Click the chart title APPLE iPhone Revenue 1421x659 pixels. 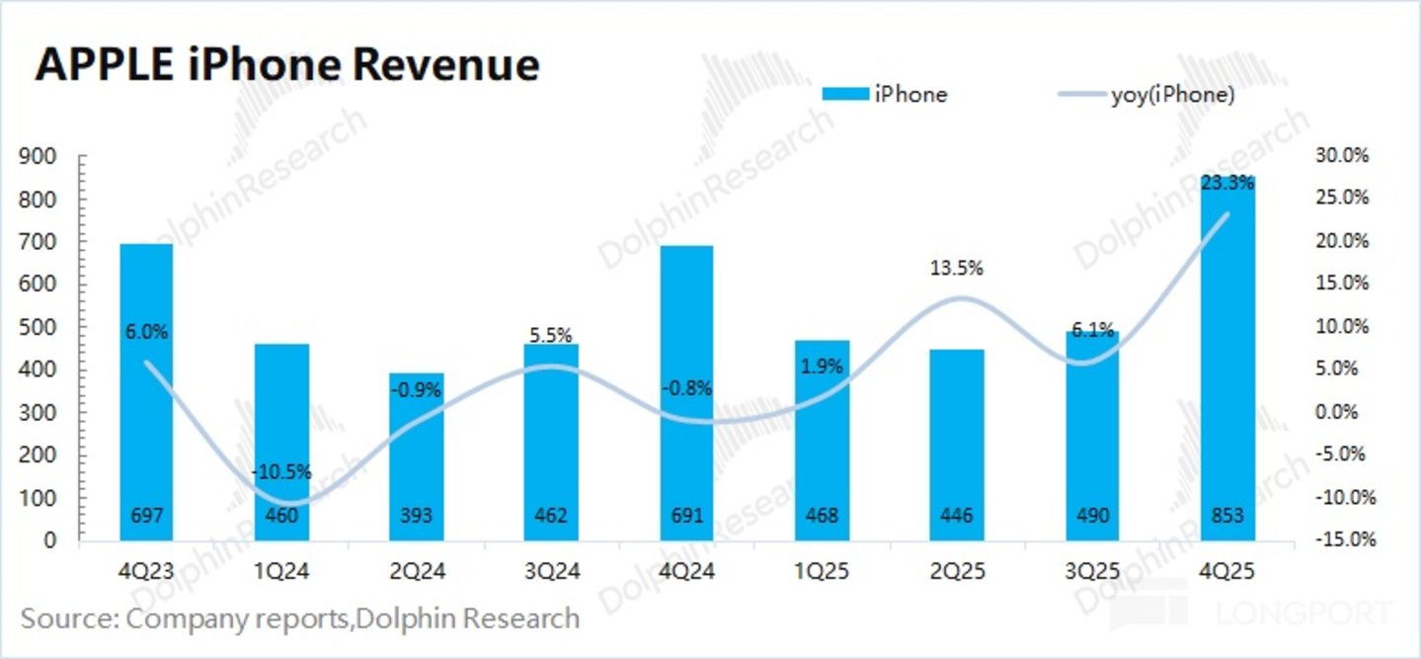point(287,65)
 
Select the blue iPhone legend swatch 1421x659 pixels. point(845,94)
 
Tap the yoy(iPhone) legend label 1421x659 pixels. point(1173,95)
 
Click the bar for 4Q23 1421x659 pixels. point(146,392)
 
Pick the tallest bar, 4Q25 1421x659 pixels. point(1227,359)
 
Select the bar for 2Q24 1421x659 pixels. point(416,457)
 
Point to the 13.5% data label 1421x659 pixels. point(957,269)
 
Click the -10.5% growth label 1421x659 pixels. point(281,471)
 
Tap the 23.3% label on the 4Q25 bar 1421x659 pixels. point(1227,183)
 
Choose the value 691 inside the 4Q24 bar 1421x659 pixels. point(687,515)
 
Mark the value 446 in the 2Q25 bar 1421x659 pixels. point(957,515)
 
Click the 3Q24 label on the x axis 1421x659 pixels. point(552,571)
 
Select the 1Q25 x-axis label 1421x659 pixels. point(822,571)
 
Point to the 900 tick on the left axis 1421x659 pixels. point(38,156)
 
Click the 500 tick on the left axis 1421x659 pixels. point(38,328)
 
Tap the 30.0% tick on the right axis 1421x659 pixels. point(1342,155)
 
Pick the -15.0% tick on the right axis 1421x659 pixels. point(1346,539)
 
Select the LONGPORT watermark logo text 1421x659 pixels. point(1304,613)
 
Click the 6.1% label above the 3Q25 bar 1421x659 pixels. point(1092,330)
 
